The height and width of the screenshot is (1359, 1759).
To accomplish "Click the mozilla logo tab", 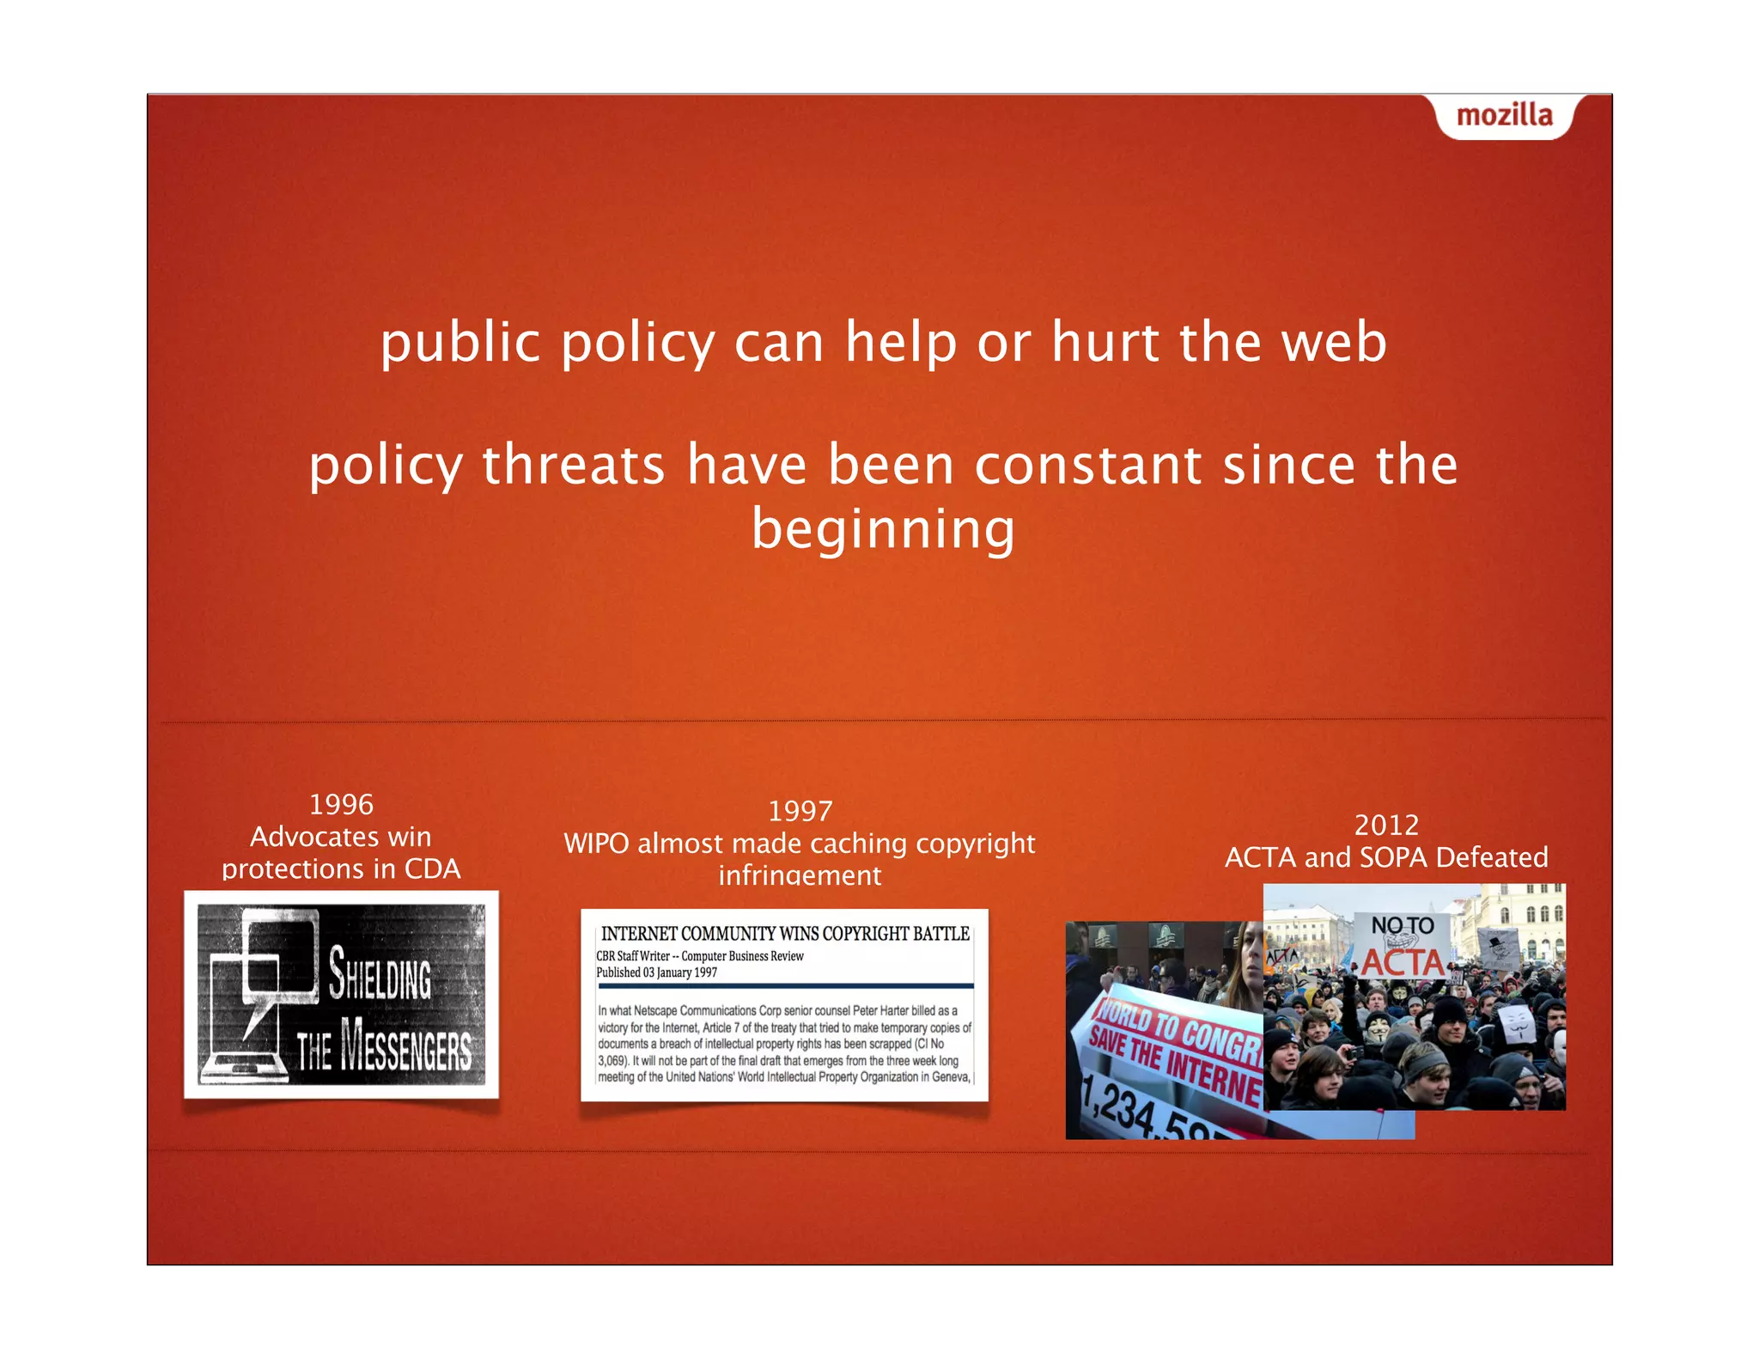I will point(1504,116).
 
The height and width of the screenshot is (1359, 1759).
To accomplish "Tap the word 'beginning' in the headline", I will point(883,529).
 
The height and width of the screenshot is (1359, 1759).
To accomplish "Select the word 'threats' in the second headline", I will point(573,466).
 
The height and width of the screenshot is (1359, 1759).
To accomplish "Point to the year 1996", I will point(341,805).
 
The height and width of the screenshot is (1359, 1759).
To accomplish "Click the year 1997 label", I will point(800,812).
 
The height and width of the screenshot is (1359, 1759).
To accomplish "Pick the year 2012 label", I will point(1386,826).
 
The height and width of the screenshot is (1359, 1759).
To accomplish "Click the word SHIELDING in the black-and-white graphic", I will point(380,976).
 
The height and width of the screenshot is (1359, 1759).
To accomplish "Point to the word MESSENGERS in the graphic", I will point(406,1045).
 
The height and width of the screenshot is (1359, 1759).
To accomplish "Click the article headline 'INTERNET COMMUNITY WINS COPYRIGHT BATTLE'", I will point(785,934).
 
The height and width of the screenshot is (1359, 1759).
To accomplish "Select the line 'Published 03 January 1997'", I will point(656,972).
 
